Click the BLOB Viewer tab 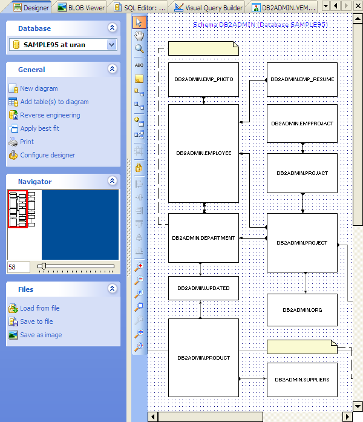(81, 8)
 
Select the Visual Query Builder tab (209, 8)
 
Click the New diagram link (39, 88)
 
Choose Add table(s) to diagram (54, 102)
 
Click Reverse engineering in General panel (50, 115)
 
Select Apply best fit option (39, 128)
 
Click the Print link (27, 142)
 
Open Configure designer (47, 155)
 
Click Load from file (39, 308)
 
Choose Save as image (41, 335)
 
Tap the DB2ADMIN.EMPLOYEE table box (204, 153)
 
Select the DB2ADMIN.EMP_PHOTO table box (204, 79)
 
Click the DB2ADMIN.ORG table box (302, 310)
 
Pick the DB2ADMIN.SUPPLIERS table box (302, 380)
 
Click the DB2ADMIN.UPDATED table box (203, 288)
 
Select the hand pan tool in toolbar (139, 36)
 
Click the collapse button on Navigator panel (112, 181)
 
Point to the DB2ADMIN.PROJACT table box (302, 173)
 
